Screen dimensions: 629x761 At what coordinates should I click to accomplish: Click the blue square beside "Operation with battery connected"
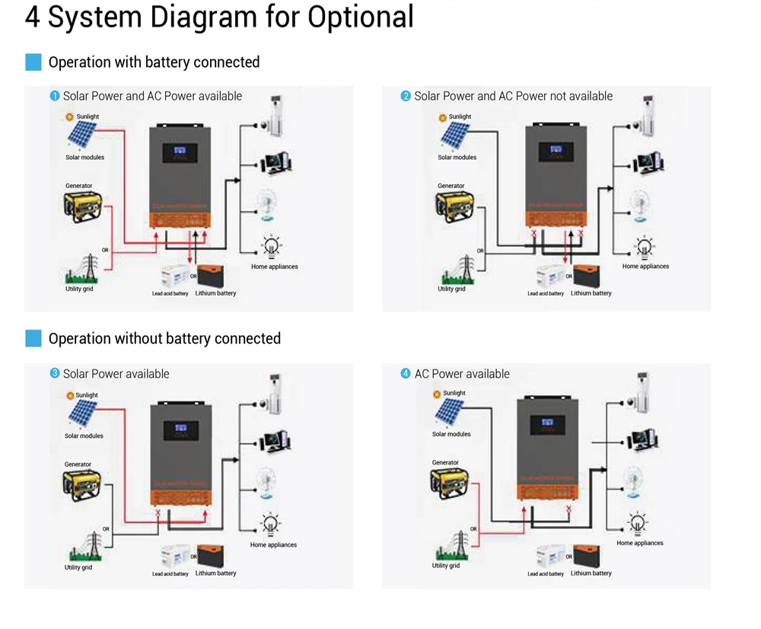(x=33, y=62)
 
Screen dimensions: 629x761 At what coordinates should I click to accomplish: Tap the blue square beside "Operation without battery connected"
(x=33, y=338)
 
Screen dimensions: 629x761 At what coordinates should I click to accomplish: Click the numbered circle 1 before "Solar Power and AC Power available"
(x=55, y=96)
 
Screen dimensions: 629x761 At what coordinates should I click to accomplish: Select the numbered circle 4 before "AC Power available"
(x=406, y=374)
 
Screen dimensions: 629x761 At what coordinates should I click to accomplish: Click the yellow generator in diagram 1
(x=82, y=206)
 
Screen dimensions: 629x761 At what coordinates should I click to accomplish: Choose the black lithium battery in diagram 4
(x=586, y=556)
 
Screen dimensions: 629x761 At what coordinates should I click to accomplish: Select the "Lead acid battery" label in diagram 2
(x=546, y=294)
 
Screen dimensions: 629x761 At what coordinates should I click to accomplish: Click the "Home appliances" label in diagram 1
(x=275, y=267)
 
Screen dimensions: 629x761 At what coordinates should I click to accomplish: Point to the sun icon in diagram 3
(x=70, y=396)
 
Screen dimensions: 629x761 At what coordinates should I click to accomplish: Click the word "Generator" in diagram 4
(x=445, y=462)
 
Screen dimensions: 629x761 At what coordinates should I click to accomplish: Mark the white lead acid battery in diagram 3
(x=173, y=557)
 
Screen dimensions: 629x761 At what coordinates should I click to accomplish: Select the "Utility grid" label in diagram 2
(x=451, y=289)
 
